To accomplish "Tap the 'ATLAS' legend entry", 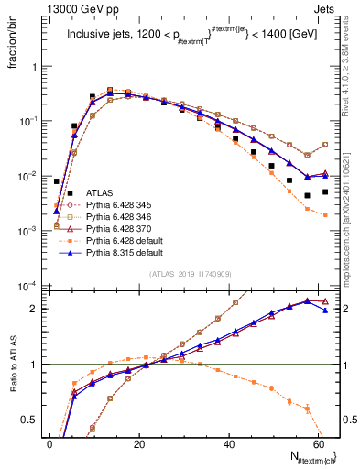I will (x=100, y=192).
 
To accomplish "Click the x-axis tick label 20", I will (x=138, y=443).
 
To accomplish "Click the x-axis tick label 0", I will (x=49, y=443).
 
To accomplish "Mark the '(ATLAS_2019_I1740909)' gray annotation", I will (x=190, y=273).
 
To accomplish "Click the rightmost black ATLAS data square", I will (x=325, y=191).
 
